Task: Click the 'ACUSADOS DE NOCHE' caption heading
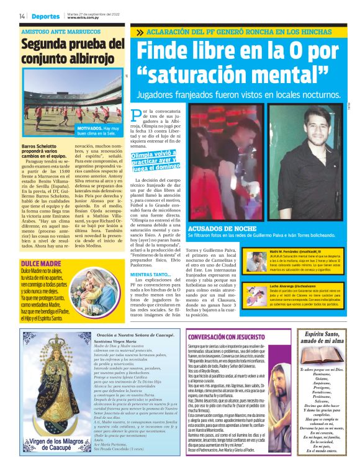tap(213, 229)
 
